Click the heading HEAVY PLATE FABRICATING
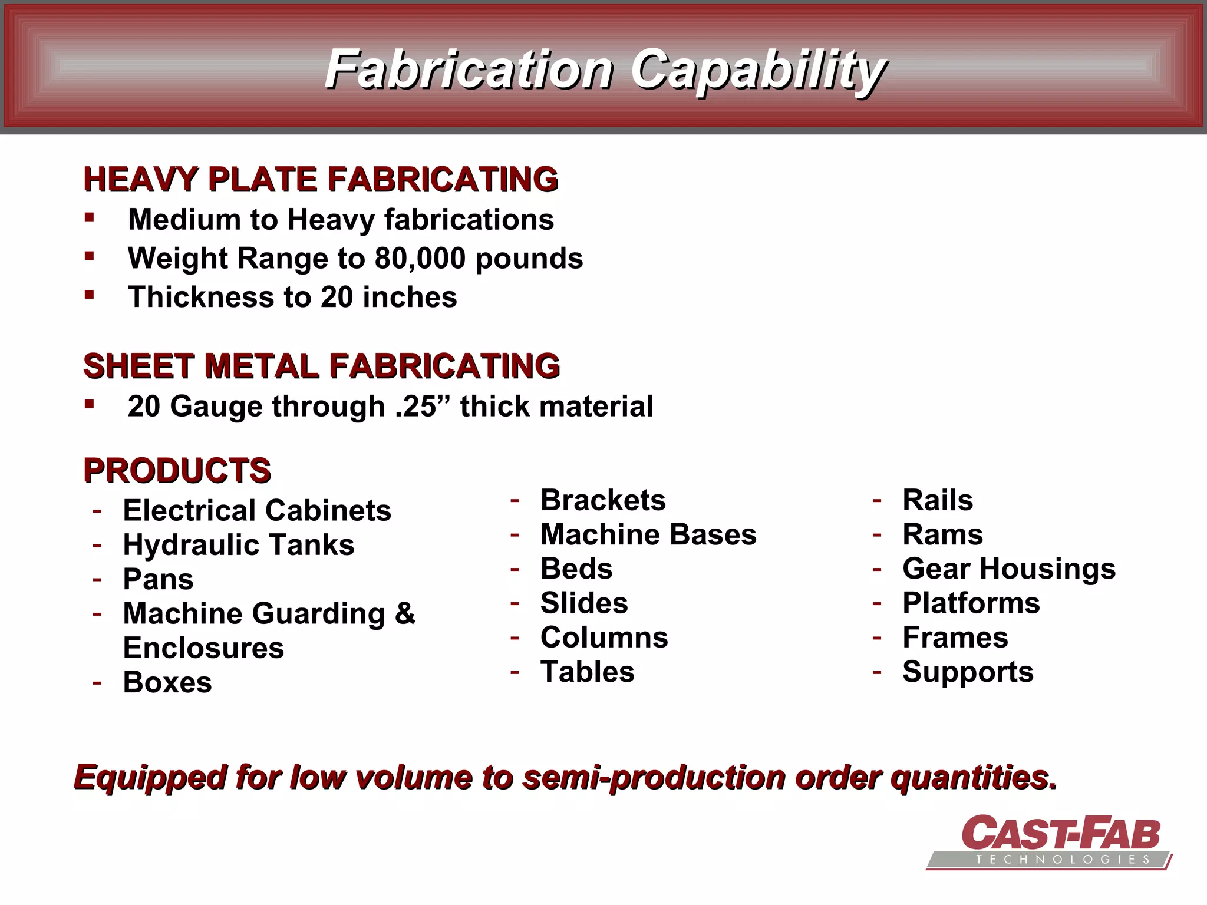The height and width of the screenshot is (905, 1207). [x=321, y=180]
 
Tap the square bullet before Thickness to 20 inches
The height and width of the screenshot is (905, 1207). [x=90, y=295]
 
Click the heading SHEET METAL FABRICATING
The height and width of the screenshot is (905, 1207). [x=321, y=366]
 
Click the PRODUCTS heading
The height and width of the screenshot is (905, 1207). [x=177, y=471]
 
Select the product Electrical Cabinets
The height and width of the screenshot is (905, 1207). [x=257, y=510]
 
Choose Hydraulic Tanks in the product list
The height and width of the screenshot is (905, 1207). [x=239, y=545]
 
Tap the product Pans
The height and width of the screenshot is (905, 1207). [x=158, y=579]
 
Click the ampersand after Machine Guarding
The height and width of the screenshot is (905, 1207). [x=405, y=613]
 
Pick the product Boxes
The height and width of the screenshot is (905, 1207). [x=167, y=682]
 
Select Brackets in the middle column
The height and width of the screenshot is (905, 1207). [x=603, y=500]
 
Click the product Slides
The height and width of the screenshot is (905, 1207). [x=584, y=603]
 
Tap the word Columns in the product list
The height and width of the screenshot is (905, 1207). [x=604, y=638]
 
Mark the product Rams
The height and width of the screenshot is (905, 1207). [x=942, y=535]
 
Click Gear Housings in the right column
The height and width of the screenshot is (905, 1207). [x=1009, y=569]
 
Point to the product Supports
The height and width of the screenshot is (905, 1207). [x=968, y=672]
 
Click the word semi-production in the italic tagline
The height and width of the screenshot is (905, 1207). [x=654, y=777]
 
